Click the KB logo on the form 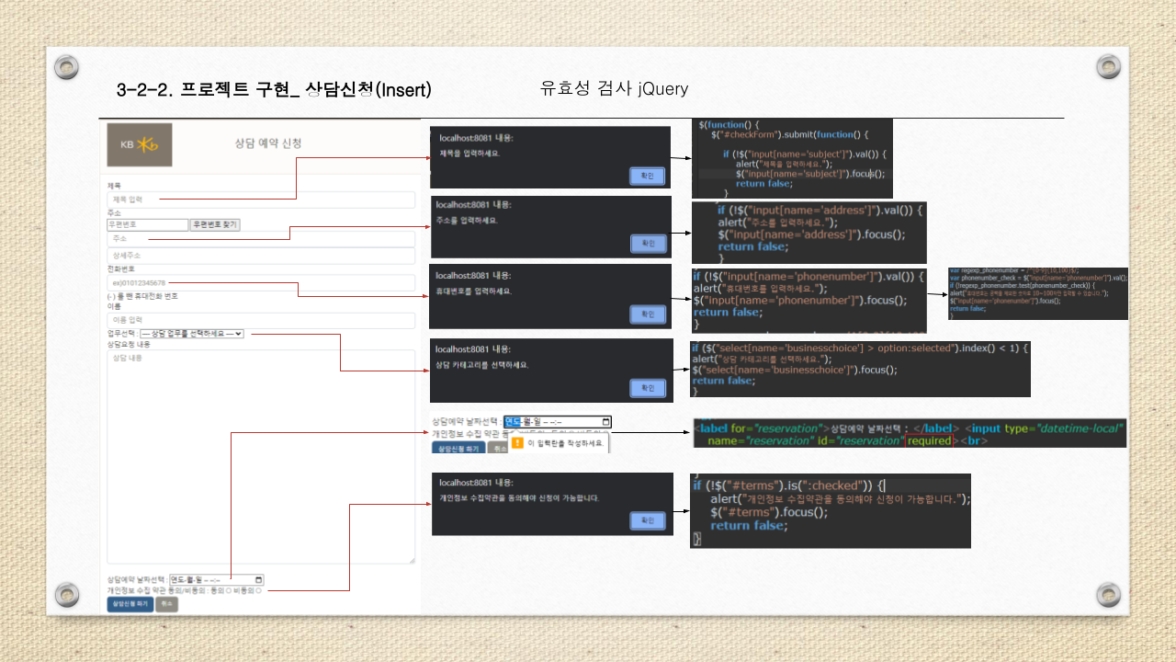[x=139, y=144]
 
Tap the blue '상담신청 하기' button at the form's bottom [x=130, y=604]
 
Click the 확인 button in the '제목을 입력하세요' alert [x=647, y=176]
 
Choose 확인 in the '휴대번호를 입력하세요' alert [x=648, y=314]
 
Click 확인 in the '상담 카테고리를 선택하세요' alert [x=648, y=388]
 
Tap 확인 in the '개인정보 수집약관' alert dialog [x=648, y=520]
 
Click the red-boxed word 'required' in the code [x=929, y=440]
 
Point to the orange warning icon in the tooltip [x=517, y=442]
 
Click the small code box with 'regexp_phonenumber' [x=1037, y=293]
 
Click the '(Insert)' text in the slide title [x=403, y=89]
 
